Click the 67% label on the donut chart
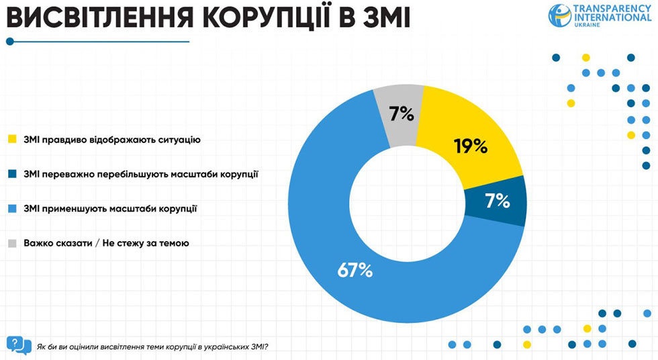pos(355,270)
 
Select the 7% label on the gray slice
pos(401,114)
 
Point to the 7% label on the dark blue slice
pos(498,201)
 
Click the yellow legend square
pos(12,140)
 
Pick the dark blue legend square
pos(12,174)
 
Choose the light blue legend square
pos(12,208)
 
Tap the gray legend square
pos(12,243)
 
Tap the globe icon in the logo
pos(560,15)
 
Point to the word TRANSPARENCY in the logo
pos(612,8)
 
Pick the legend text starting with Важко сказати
pos(106,243)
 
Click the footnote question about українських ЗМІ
pos(154,347)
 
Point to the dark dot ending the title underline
pos(10,42)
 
